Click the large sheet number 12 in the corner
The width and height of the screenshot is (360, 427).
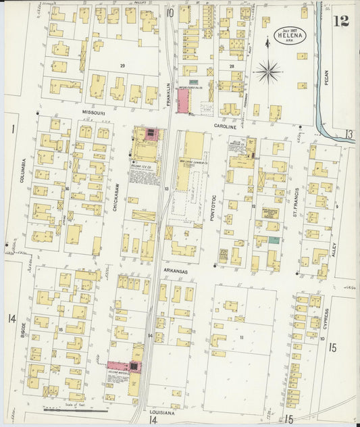pyautogui.click(x=341, y=20)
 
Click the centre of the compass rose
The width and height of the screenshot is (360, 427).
pyautogui.click(x=269, y=69)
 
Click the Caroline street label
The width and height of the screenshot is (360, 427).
pyautogui.click(x=226, y=126)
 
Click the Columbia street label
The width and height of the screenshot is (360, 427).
pyautogui.click(x=22, y=170)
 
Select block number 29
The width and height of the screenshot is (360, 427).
pyautogui.click(x=122, y=65)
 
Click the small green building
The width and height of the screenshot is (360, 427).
pyautogui.click(x=274, y=240)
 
